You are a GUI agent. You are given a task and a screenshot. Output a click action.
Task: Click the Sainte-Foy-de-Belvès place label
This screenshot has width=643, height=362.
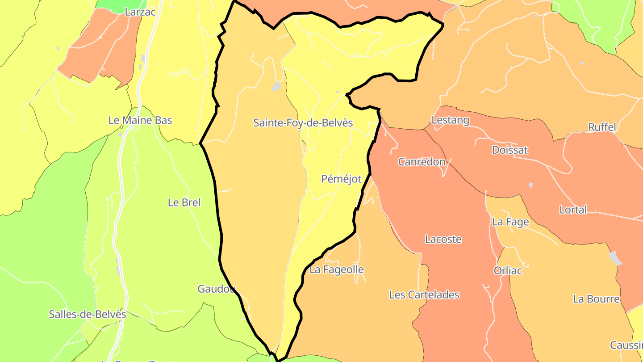click(303, 123)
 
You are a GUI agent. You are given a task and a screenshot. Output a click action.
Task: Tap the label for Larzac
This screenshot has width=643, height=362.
click(140, 12)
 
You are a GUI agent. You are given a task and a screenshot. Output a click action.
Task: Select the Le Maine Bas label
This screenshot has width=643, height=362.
click(140, 121)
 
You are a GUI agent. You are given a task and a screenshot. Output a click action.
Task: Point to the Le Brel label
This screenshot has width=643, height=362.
click(184, 202)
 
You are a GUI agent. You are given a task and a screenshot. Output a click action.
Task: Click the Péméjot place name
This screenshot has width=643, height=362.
click(341, 179)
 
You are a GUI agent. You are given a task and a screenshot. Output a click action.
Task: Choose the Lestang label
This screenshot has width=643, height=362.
click(450, 120)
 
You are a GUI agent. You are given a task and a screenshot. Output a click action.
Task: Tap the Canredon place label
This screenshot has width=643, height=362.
click(422, 162)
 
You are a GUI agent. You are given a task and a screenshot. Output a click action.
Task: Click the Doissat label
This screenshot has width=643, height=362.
click(509, 150)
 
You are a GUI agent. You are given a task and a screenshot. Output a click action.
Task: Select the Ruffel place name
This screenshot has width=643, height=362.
click(602, 127)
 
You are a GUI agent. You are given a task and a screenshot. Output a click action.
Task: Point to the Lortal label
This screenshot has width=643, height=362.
click(573, 210)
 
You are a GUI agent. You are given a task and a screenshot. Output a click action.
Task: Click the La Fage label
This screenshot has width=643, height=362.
click(510, 222)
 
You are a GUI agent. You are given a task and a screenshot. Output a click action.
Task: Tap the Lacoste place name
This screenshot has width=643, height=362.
click(443, 240)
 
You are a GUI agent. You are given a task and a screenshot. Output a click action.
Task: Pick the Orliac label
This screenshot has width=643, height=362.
click(508, 270)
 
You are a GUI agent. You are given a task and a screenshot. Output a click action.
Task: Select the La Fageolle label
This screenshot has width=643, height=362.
click(336, 269)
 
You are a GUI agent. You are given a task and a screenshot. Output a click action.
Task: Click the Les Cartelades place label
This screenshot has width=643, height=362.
click(424, 295)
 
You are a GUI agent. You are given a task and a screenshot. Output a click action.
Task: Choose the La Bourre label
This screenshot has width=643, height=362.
click(596, 299)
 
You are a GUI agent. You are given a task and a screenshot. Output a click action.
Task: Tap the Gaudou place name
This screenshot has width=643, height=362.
click(216, 289)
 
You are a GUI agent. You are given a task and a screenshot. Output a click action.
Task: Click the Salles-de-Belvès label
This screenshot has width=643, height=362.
click(87, 314)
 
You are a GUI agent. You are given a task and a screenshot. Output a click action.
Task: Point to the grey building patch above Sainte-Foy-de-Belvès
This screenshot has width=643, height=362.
click(276, 86)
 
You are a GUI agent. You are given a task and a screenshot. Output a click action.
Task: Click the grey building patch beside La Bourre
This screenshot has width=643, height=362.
click(615, 258)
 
